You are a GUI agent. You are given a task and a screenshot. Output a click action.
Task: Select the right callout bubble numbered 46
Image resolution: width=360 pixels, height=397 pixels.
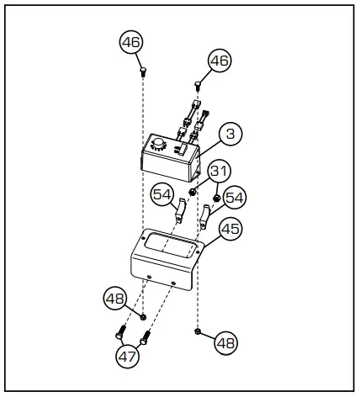tap(219, 61)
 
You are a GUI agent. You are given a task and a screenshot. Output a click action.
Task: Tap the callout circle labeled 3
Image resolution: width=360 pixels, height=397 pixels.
tap(230, 133)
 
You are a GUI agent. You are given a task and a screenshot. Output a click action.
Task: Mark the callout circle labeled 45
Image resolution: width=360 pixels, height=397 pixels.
tap(229, 227)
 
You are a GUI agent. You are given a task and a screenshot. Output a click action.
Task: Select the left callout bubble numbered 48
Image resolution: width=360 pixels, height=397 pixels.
tap(114, 297)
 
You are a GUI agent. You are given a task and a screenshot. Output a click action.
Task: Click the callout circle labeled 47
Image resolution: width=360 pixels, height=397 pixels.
tap(128, 355)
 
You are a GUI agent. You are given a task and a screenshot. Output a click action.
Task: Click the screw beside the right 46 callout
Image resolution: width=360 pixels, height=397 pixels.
tap(199, 83)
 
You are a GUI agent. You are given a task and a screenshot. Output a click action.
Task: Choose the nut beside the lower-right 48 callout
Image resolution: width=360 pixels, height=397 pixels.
tap(197, 331)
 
